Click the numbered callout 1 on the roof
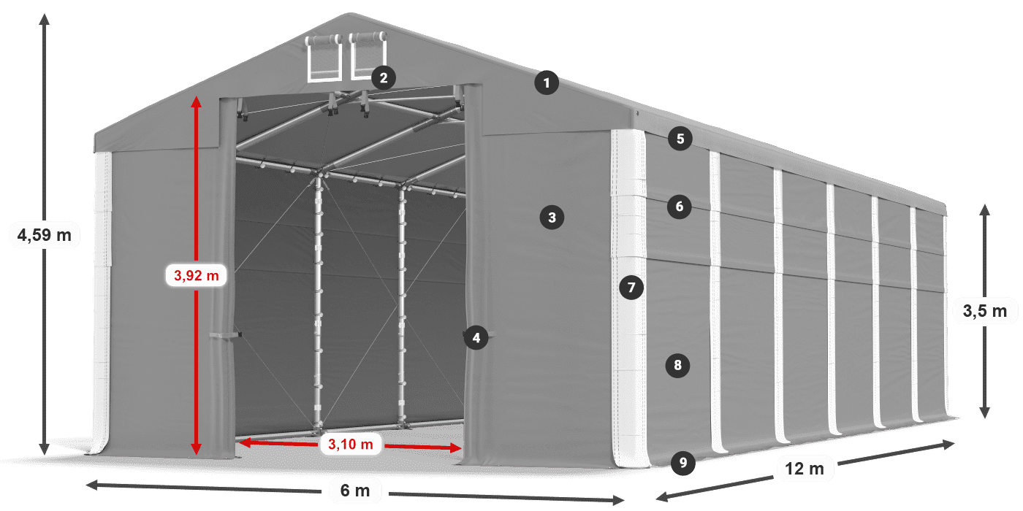tap(547, 83)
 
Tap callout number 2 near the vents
tap(384, 78)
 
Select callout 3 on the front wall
tap(552, 218)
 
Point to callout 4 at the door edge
tap(476, 338)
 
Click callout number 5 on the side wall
tap(680, 139)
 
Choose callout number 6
tap(679, 207)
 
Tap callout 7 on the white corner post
tap(631, 288)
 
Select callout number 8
tap(678, 365)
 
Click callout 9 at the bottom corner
tap(683, 463)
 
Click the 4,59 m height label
tap(45, 235)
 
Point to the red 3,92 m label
tap(197, 276)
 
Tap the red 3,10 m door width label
tap(351, 444)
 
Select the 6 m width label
tap(355, 491)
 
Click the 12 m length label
tap(805, 469)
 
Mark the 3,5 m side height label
tap(985, 311)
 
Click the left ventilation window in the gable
tap(324, 58)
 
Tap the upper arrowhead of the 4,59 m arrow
tap(45, 19)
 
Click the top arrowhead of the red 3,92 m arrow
tap(197, 101)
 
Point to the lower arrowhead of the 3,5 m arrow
tap(985, 412)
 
